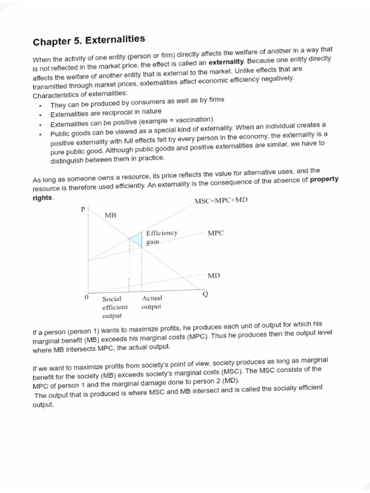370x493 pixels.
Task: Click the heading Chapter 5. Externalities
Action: (x=89, y=40)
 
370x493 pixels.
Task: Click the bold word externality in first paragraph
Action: (x=226, y=63)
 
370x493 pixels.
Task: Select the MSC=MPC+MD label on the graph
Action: (x=221, y=200)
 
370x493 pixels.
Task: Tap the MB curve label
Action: (x=110, y=215)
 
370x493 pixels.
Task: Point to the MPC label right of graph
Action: (x=215, y=233)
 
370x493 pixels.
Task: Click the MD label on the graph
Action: (x=214, y=276)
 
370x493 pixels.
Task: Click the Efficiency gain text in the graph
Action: (x=161, y=237)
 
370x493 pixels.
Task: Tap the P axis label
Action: (x=83, y=209)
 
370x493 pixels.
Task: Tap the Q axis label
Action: (x=205, y=295)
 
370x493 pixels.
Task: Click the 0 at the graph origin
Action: (x=86, y=298)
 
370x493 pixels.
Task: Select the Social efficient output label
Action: (x=115, y=307)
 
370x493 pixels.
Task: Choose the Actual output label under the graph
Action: (x=152, y=302)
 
